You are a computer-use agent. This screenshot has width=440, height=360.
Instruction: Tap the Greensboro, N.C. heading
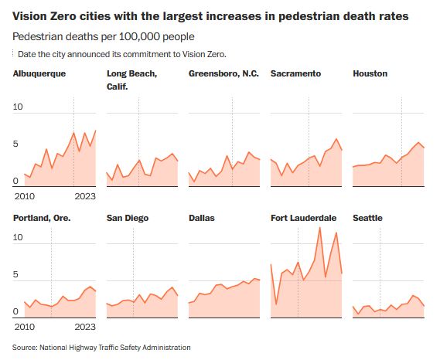coord(223,73)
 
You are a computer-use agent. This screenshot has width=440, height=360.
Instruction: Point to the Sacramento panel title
coord(295,73)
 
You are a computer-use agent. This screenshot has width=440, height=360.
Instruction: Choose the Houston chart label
coord(370,73)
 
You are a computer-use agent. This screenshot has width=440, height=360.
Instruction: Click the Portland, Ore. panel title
coord(42,218)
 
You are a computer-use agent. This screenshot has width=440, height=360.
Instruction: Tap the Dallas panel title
coord(202,218)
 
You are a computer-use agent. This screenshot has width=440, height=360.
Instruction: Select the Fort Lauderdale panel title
coord(303,218)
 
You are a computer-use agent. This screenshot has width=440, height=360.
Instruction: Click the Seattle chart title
coord(367,218)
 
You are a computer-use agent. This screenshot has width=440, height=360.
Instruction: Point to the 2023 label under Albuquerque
coord(84,196)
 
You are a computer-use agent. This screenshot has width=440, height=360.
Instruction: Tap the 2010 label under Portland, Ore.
coord(24,326)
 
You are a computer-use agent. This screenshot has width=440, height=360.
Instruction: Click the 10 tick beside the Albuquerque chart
coord(19,107)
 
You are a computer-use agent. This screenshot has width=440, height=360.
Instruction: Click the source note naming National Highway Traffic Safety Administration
coord(101,348)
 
